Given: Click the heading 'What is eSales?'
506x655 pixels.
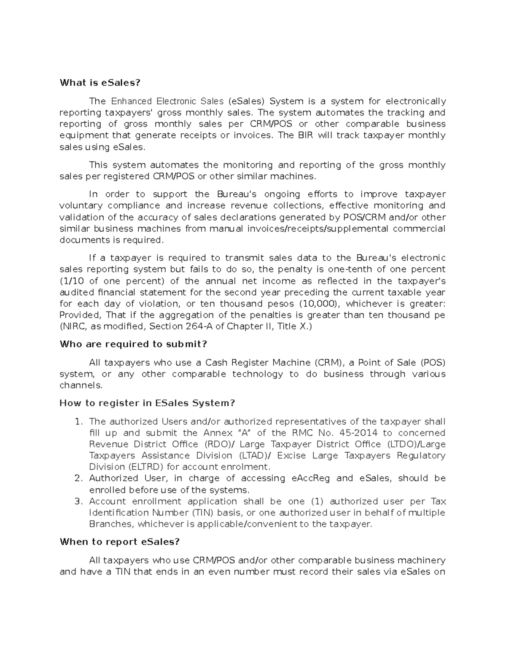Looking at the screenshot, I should click(100, 83).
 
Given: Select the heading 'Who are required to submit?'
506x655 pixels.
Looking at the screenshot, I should click(133, 344).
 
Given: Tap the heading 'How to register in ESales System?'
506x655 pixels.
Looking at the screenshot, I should click(147, 403).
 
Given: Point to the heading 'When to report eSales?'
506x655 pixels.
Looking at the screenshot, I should click(120, 542).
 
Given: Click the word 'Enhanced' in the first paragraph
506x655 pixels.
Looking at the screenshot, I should click(131, 101).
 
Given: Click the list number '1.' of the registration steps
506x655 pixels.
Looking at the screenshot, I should click(78, 422).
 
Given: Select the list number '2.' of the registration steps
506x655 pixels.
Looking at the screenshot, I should click(78, 478).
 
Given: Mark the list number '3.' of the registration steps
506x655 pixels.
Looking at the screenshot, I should click(78, 501).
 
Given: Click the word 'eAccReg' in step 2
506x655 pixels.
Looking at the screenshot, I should click(311, 478).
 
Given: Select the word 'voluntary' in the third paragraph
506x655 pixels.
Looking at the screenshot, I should click(81, 206).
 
